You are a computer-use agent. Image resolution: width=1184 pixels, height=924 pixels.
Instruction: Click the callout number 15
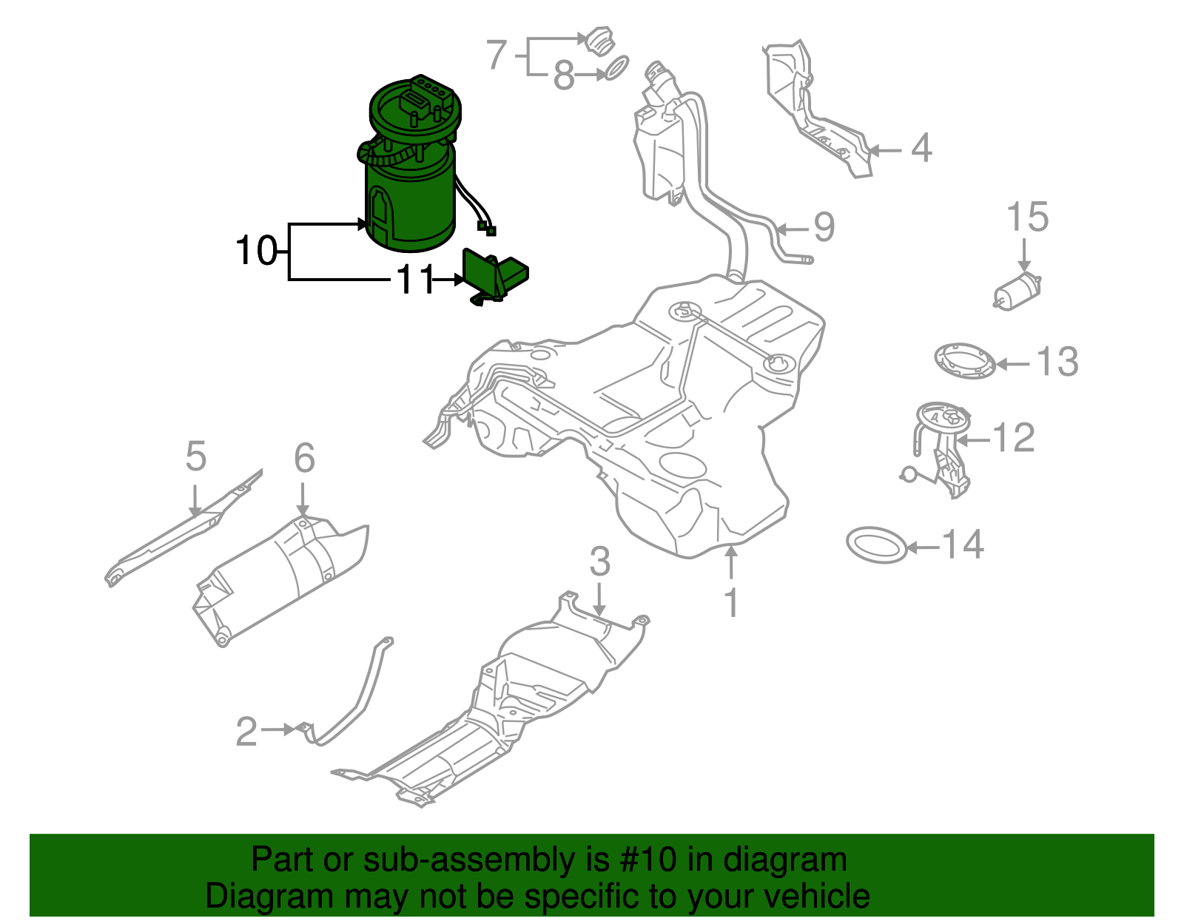point(1027,217)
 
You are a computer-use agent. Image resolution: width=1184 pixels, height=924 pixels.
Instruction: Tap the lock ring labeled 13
point(964,361)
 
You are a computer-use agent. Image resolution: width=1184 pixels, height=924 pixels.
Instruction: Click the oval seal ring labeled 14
point(876,545)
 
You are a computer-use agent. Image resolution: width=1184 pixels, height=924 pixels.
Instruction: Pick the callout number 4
point(921,149)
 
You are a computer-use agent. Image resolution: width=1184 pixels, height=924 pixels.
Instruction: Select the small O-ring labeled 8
point(616,69)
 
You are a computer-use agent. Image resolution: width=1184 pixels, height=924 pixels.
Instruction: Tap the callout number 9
point(824,227)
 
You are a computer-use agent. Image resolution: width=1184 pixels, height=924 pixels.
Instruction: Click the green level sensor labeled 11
point(492,277)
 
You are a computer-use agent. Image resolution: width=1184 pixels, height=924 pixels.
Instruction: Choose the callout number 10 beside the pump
point(256,251)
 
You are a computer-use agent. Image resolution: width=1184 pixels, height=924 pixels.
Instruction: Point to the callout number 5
point(195,456)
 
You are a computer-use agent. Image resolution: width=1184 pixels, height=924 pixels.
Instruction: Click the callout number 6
point(304,459)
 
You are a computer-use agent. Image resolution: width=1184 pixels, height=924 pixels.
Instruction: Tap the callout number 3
point(599,562)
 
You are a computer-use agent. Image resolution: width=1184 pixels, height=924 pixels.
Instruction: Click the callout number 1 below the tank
point(731,603)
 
